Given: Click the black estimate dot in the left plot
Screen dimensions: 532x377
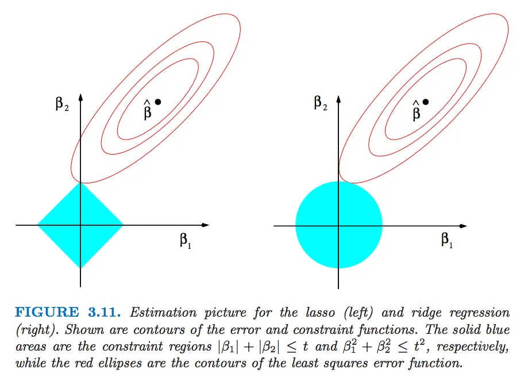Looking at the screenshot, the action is (158, 102).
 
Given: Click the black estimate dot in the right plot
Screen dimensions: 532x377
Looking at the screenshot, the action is (426, 102).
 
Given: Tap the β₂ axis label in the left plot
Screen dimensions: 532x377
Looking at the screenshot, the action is (62, 104).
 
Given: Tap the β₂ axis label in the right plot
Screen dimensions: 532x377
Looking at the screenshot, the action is (321, 103).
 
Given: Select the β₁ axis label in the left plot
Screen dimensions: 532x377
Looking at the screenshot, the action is (185, 240).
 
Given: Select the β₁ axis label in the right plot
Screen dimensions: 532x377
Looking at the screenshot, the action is (447, 240).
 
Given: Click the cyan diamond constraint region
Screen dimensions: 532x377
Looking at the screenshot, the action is (80, 225).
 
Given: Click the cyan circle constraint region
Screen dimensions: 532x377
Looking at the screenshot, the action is (339, 225).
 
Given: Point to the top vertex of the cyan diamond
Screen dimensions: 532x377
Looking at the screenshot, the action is (80, 183).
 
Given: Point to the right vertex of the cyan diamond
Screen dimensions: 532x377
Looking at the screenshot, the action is (123, 225).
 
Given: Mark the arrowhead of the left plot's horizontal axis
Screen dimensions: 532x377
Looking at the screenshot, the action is (206, 225).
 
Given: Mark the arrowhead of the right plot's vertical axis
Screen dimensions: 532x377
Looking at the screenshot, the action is (338, 99).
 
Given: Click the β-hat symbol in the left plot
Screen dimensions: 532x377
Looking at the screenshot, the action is (147, 110).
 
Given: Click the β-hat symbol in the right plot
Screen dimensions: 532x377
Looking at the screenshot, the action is (417, 110).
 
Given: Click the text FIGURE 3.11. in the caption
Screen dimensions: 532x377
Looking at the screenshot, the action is (68, 312).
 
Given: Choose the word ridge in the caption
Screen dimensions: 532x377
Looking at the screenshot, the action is (426, 313).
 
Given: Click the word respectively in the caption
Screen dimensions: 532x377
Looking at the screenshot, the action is (473, 347).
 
